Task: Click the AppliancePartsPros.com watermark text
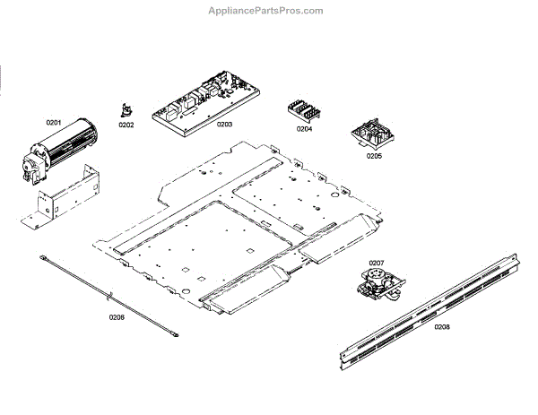pos(270,11)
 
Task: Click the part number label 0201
pos(53,122)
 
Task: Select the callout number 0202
pos(126,125)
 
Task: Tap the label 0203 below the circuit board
pos(224,125)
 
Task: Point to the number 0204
pos(305,128)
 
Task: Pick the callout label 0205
pos(373,156)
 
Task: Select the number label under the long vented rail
pos(442,326)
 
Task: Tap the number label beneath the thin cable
pos(117,317)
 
